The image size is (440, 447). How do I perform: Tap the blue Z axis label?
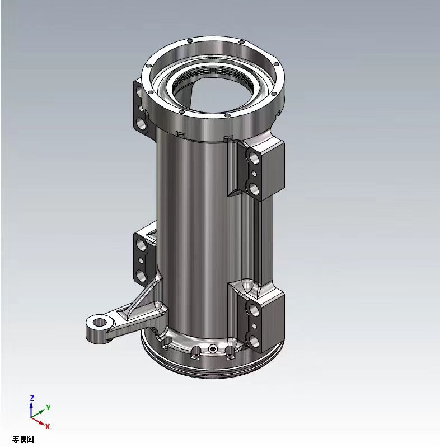[32, 397]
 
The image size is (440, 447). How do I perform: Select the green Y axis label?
[49, 406]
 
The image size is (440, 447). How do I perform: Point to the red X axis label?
[48, 426]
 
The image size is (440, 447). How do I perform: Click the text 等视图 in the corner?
[23, 439]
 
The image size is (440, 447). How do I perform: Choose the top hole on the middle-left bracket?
[139, 244]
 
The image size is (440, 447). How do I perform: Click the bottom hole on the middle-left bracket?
[139, 274]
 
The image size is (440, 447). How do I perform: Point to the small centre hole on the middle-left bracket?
[140, 260]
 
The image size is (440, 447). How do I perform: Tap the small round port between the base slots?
[213, 350]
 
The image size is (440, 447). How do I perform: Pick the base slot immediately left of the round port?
[196, 352]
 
